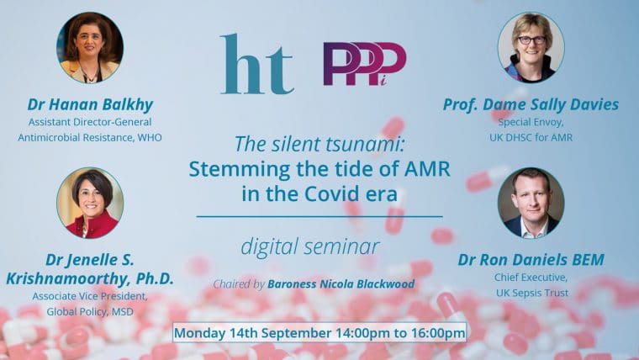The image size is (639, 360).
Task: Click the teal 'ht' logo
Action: pyautogui.click(x=256, y=64)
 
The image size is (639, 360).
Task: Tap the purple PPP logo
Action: pyautogui.click(x=365, y=64)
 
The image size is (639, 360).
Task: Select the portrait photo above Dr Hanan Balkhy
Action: pyautogui.click(x=90, y=48)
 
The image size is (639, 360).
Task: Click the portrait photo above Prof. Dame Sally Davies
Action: pyautogui.click(x=531, y=48)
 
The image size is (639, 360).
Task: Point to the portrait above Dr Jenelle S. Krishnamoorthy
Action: pyautogui.click(x=90, y=203)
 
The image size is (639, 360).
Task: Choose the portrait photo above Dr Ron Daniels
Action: pyautogui.click(x=531, y=203)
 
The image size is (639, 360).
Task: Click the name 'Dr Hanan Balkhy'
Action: pyautogui.click(x=90, y=104)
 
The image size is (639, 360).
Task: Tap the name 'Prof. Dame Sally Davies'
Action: pyautogui.click(x=531, y=104)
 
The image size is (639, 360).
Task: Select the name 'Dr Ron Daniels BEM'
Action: pyautogui.click(x=531, y=259)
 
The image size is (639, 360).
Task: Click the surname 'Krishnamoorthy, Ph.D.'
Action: pyautogui.click(x=90, y=279)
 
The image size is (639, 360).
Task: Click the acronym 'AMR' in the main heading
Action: pyautogui.click(x=427, y=169)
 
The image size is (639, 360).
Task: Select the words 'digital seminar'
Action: pyautogui.click(x=310, y=247)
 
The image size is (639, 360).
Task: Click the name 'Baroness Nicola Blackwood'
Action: pyautogui.click(x=341, y=283)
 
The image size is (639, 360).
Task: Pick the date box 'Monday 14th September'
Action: pyautogui.click(x=319, y=333)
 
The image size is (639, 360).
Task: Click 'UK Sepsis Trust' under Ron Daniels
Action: pyautogui.click(x=532, y=293)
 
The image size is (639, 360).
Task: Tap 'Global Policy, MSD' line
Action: pyautogui.click(x=90, y=312)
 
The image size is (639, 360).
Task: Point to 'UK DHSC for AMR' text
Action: pyautogui.click(x=531, y=137)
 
